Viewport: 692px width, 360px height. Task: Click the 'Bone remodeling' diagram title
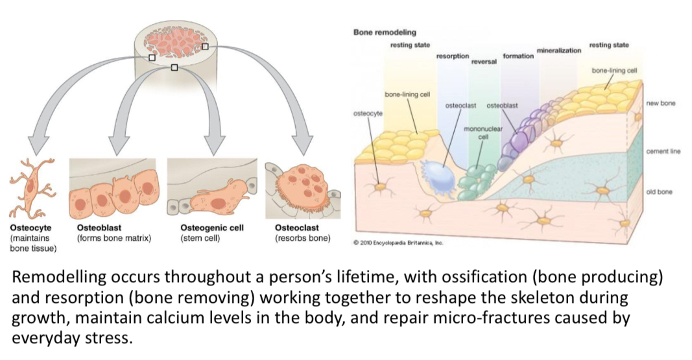pyautogui.click(x=385, y=32)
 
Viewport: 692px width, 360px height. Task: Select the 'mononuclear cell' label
pyautogui.click(x=483, y=132)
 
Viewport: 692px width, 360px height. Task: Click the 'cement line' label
pyautogui.click(x=662, y=151)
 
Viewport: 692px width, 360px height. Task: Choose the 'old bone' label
pyautogui.click(x=660, y=192)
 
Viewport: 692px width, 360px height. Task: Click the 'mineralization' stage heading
pyautogui.click(x=558, y=50)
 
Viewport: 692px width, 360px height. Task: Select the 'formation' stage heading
pyautogui.click(x=518, y=56)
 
